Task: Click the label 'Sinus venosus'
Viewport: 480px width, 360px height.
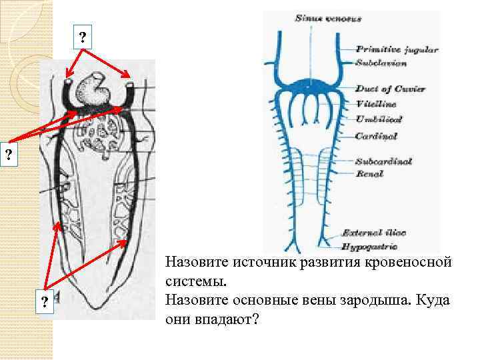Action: (x=328, y=19)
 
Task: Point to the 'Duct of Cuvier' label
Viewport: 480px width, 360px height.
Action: (x=390, y=89)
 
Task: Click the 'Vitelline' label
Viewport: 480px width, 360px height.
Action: (x=376, y=104)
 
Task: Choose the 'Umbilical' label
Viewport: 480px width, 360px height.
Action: (x=378, y=119)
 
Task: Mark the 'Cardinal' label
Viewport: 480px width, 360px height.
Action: (x=376, y=135)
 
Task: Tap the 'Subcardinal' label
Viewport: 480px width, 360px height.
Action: (x=383, y=161)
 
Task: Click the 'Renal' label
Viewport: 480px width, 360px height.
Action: (x=369, y=174)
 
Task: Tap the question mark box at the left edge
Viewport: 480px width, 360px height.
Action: (x=8, y=155)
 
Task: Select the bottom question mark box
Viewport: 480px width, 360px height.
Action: (x=44, y=302)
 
